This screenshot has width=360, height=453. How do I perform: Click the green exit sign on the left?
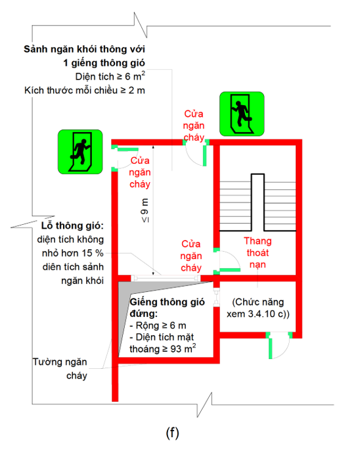(79, 152)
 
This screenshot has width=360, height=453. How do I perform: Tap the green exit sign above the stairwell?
(241, 113)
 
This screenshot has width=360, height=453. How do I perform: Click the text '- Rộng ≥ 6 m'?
(158, 325)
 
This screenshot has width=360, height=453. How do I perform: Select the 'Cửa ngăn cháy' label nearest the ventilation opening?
(191, 255)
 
